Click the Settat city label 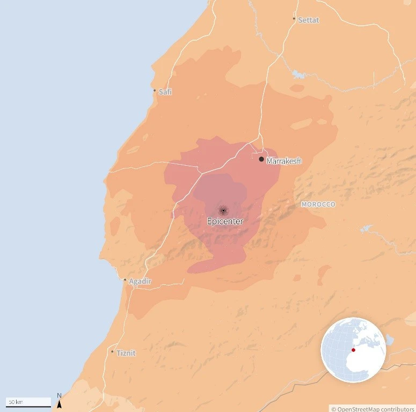click(x=309, y=20)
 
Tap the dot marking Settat click(x=294, y=19)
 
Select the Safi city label click(x=165, y=92)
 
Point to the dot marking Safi click(x=155, y=91)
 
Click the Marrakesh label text click(x=284, y=160)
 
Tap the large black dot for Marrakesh click(x=261, y=159)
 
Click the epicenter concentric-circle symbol click(x=223, y=211)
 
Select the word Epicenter click(x=225, y=221)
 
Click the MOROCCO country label click(x=318, y=204)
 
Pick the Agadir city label click(x=140, y=281)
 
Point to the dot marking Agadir click(x=125, y=279)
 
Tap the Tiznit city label click(x=126, y=353)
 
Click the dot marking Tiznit click(x=112, y=352)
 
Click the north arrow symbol click(x=59, y=404)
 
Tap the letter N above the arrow click(x=59, y=396)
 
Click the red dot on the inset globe click(x=353, y=350)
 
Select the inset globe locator click(x=354, y=350)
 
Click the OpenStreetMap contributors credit click(x=373, y=409)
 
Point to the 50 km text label click(x=16, y=402)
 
